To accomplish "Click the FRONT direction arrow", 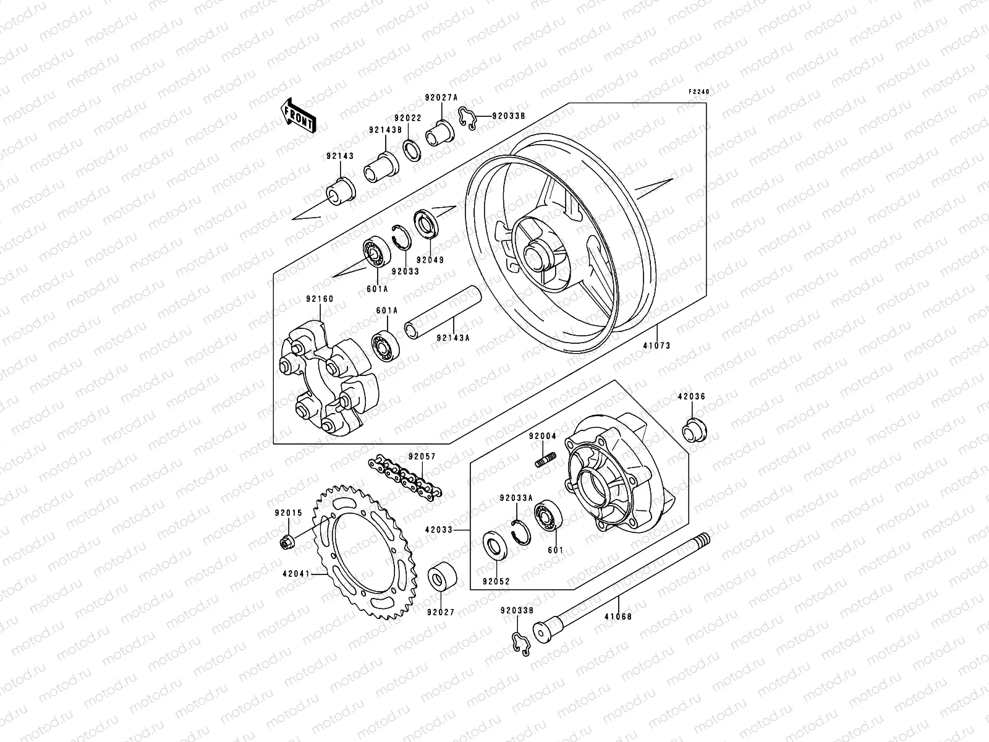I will tap(307, 115).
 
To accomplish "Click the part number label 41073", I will tap(656, 346).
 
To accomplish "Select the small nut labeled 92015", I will tap(287, 542).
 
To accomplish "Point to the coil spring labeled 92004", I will tap(545, 461).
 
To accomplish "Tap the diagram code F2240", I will tap(700, 92).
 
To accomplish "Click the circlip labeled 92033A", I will tap(521, 531).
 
